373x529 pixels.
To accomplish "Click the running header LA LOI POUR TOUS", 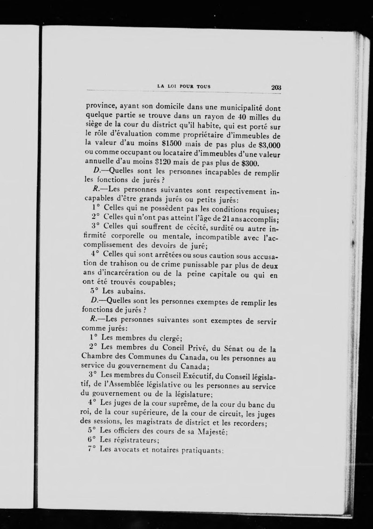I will (x=184, y=86).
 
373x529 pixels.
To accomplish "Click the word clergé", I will (x=166, y=338).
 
